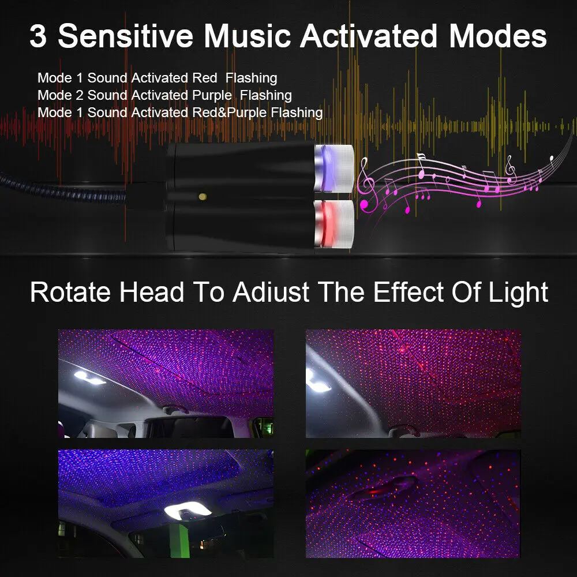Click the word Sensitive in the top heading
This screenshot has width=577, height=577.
(x=125, y=36)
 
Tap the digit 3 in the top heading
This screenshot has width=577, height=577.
(x=38, y=36)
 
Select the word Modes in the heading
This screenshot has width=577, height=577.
(x=498, y=36)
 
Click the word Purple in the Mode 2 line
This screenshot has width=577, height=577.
(x=212, y=96)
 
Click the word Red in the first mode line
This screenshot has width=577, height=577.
(x=205, y=78)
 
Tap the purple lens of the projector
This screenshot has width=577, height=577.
(x=325, y=168)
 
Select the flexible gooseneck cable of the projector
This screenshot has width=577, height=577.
(x=62, y=189)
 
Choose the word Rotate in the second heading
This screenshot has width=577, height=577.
(x=70, y=293)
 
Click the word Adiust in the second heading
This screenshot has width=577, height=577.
(x=271, y=293)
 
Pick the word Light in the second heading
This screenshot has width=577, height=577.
(x=518, y=293)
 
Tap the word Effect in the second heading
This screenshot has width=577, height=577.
(x=409, y=292)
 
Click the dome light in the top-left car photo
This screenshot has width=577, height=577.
(x=89, y=377)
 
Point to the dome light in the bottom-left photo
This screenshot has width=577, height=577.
(x=188, y=509)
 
